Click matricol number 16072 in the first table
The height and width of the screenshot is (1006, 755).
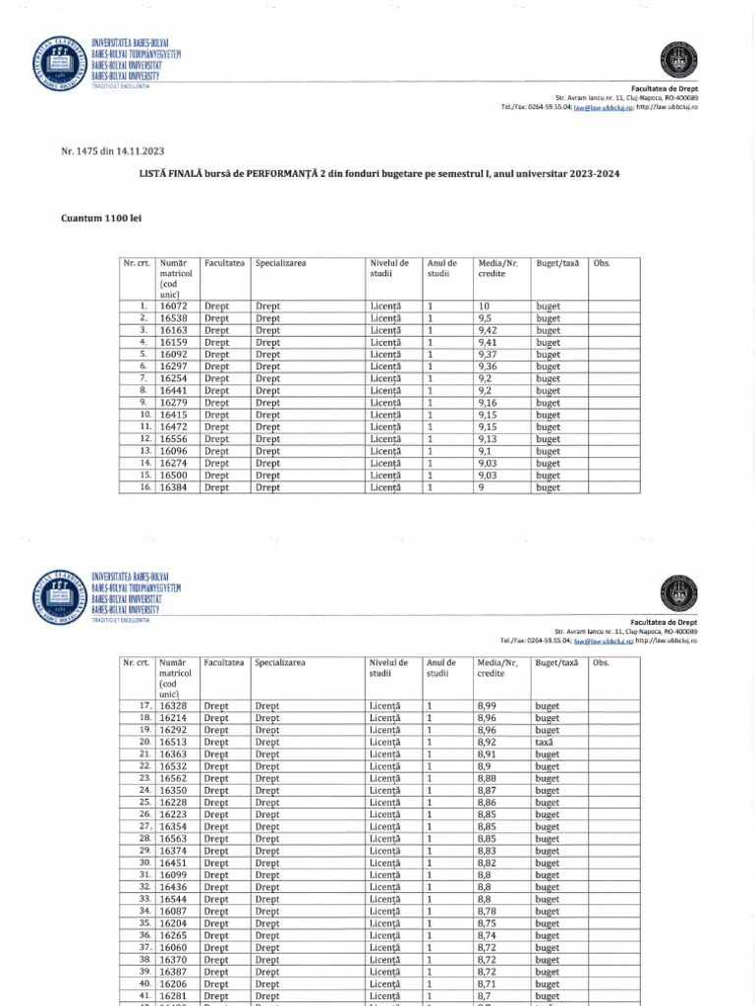(173, 307)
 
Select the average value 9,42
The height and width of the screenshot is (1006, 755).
(488, 330)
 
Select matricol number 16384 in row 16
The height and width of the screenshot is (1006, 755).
(173, 487)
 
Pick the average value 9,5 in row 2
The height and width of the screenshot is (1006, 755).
(485, 318)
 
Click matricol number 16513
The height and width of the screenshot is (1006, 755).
(173, 743)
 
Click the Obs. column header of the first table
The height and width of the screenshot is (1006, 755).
(603, 263)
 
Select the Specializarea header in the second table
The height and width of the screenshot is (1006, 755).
(280, 663)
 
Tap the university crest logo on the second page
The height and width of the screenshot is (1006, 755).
(58, 594)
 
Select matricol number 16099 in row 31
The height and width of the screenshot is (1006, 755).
(173, 874)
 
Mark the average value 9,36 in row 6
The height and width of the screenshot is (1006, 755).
(488, 366)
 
